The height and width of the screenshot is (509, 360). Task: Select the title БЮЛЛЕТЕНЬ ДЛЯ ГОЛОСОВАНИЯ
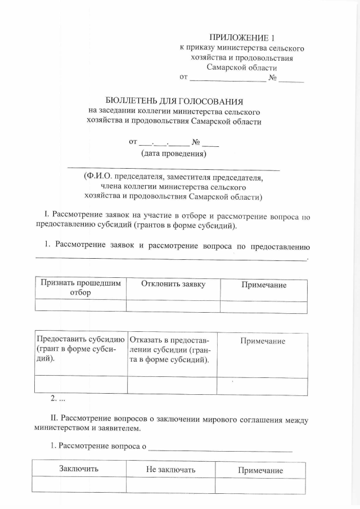pyautogui.click(x=174, y=102)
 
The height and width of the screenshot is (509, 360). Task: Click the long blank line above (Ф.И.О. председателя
pyautogui.click(x=173, y=168)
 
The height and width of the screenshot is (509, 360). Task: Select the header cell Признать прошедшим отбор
pyautogui.click(x=80, y=289)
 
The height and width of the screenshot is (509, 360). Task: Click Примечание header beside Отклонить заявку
pyautogui.click(x=264, y=285)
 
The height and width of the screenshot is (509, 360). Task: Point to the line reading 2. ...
pyautogui.click(x=58, y=399)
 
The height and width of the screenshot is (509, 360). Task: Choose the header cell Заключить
pyautogui.click(x=79, y=469)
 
